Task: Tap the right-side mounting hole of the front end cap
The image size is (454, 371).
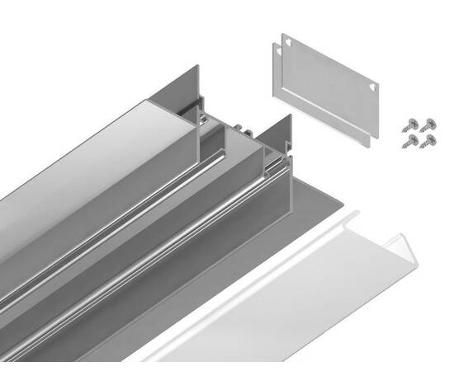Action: (x=376, y=86)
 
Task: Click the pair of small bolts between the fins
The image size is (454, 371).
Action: (x=240, y=128)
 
